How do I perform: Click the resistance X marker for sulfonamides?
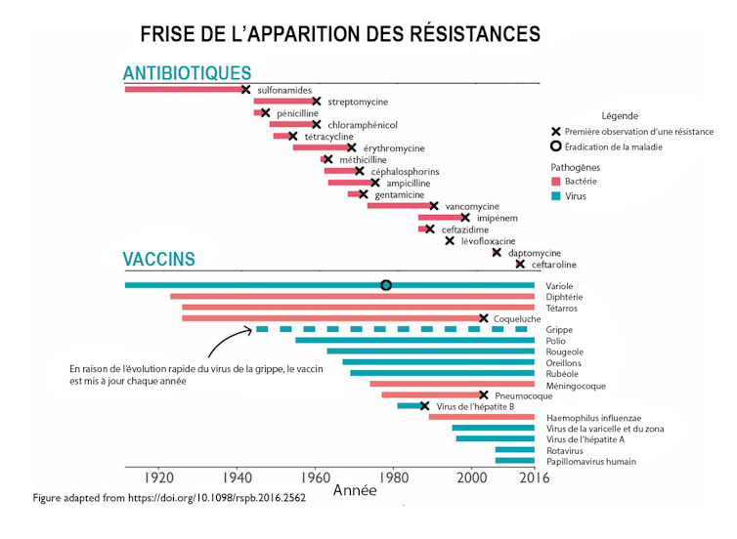(245, 90)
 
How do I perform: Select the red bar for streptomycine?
(283, 102)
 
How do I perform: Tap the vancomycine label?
(472, 206)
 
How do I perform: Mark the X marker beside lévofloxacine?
(450, 240)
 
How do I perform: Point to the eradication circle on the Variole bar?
(386, 285)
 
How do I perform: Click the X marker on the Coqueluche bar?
(483, 318)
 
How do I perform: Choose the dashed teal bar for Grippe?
(391, 329)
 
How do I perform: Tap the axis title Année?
(355, 491)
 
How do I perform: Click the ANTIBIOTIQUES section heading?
(187, 73)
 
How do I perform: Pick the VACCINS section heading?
(158, 260)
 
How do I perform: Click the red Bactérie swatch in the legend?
(555, 182)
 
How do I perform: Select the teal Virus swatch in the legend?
(555, 196)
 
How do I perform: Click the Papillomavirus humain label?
(591, 462)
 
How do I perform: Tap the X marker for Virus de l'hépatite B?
(424, 406)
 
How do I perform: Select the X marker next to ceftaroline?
(520, 264)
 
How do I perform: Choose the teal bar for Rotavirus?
(514, 450)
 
